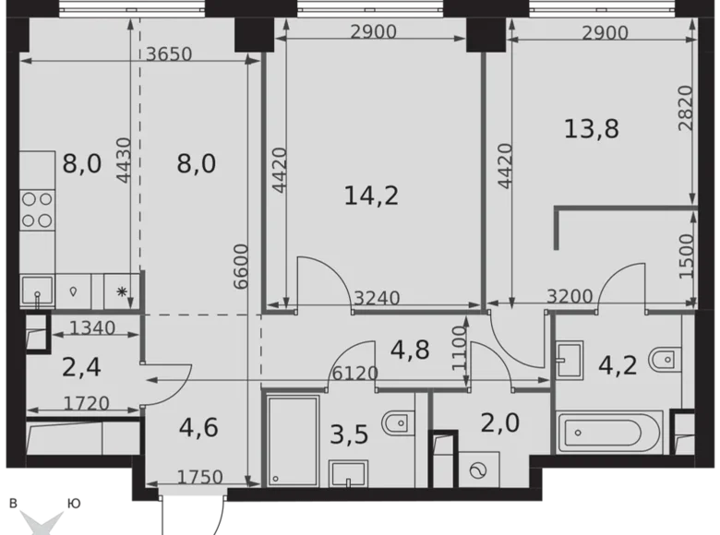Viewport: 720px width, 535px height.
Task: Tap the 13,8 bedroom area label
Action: pos(591,128)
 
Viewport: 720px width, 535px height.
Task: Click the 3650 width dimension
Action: pos(168,53)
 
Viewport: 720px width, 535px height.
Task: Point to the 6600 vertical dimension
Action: pos(241,267)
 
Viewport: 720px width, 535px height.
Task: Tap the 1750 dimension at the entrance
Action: pos(198,477)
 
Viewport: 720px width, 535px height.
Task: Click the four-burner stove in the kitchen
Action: pos(37,208)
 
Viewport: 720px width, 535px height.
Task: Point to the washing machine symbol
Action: pos(478,470)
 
